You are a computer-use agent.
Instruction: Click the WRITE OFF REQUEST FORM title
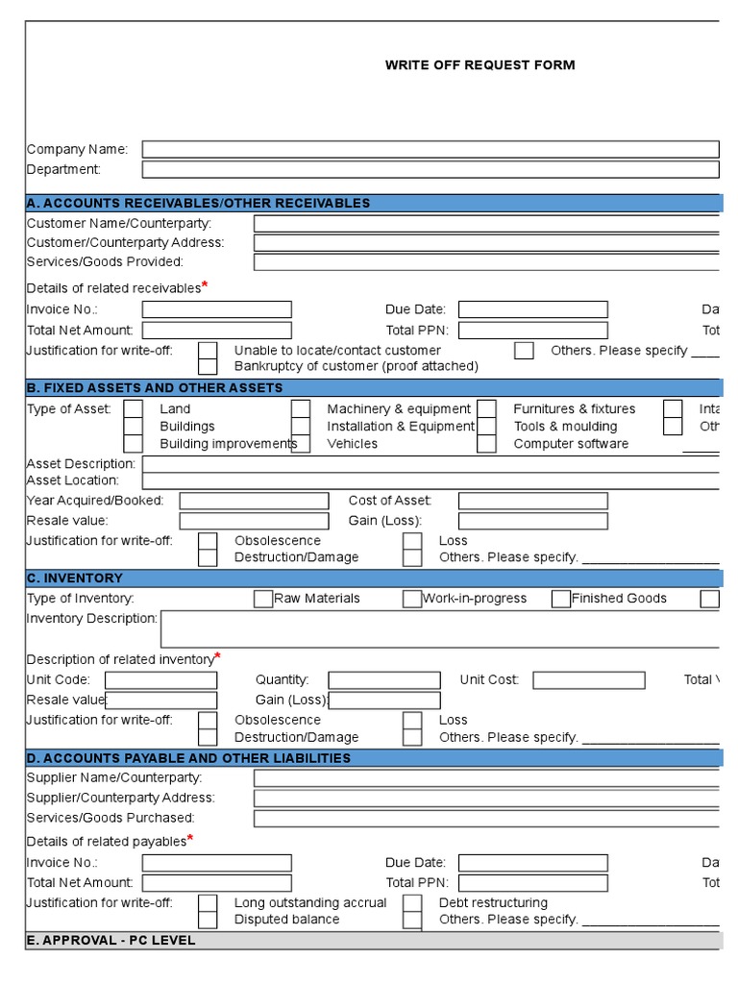coord(480,65)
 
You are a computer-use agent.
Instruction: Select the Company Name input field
coord(430,149)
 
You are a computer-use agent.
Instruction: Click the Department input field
coord(430,170)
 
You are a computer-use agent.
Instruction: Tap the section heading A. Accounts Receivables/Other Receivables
coord(198,203)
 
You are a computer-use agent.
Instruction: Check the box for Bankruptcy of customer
coord(208,366)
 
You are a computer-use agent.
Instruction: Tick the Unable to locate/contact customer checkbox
coord(208,350)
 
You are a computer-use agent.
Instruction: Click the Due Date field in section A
coord(532,309)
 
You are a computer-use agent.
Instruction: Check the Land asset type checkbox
coord(134,409)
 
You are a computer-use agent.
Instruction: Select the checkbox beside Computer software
coord(487,444)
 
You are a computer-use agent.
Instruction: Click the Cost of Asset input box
coord(532,501)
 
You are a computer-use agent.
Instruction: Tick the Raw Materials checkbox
coord(263,599)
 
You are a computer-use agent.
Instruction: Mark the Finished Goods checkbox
coord(561,599)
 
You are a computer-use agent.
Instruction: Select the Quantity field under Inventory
coord(384,680)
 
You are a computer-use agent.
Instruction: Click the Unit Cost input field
coord(588,680)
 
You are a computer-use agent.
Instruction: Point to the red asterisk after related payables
coord(190,838)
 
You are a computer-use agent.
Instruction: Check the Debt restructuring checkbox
coord(412,903)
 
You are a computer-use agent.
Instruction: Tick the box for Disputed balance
coord(208,920)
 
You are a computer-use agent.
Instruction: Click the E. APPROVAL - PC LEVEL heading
coord(111,941)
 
